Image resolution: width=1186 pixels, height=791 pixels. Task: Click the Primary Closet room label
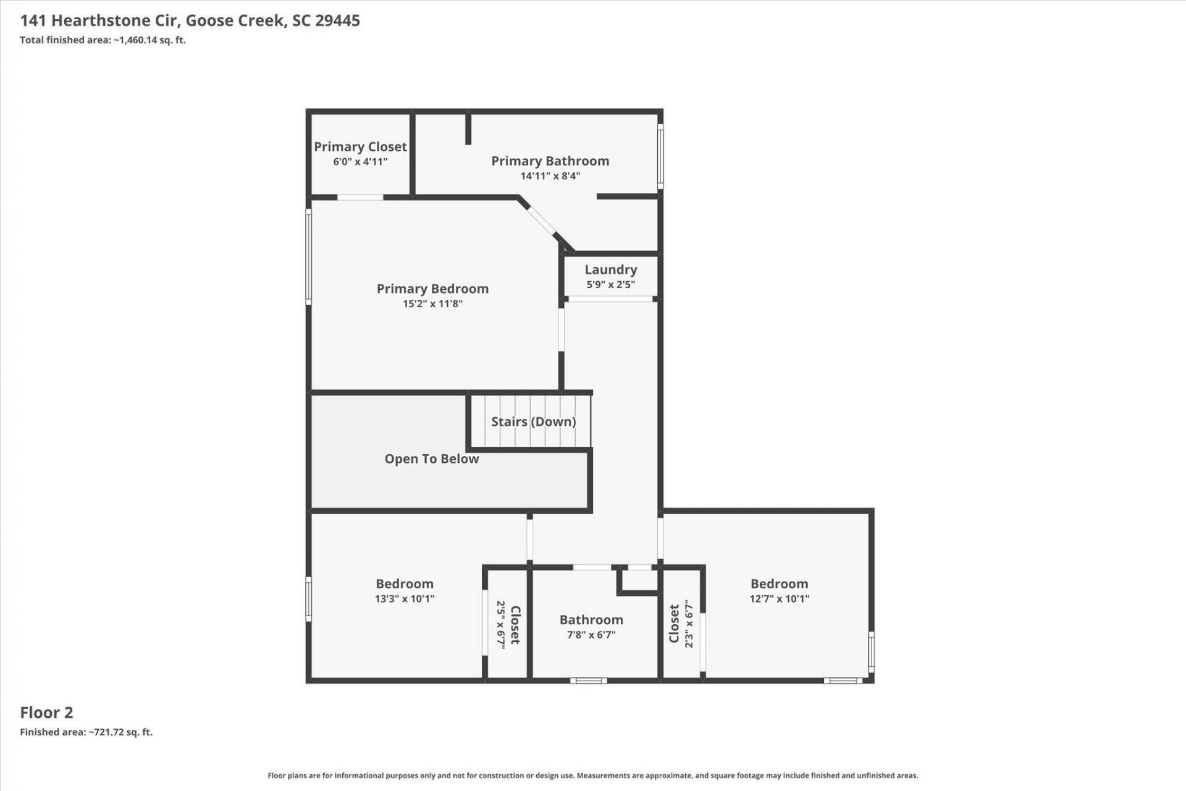[360, 146]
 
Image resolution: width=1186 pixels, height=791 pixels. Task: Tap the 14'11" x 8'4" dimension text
[550, 176]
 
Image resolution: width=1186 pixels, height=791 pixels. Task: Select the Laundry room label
[611, 270]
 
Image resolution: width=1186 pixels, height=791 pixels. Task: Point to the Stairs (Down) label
[534, 421]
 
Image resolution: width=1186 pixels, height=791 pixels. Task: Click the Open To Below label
[432, 459]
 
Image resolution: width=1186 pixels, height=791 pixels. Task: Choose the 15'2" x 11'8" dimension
[432, 304]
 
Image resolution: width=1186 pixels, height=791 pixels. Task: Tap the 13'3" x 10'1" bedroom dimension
[405, 599]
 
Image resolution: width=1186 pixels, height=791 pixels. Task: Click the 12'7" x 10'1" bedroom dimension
[780, 599]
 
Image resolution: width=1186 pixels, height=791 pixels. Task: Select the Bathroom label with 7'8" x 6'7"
[591, 620]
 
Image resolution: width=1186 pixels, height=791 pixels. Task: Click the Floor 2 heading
[46, 713]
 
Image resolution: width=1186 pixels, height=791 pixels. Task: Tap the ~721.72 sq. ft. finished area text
[120, 732]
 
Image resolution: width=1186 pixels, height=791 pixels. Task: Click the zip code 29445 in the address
[337, 20]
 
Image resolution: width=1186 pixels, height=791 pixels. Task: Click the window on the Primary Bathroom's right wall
[660, 156]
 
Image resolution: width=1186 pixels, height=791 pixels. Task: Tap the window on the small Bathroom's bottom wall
[588, 680]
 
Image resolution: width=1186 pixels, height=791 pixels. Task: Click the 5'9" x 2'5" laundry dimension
[611, 285]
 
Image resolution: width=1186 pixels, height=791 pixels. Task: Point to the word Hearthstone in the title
[116, 20]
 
